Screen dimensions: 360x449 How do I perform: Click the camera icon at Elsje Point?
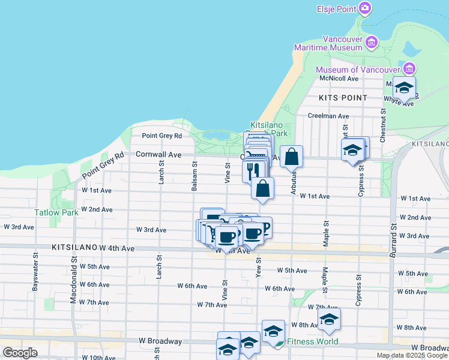pos(365,8)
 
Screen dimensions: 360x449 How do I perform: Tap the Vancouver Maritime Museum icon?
pos(372,42)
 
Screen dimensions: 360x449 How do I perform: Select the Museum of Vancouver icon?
pos(410,69)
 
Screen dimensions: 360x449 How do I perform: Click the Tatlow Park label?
pos(56,212)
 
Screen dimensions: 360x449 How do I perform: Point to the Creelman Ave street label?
pos(328,116)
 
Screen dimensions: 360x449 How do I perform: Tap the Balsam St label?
pos(194,175)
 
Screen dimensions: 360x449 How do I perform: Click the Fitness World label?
pos(312,342)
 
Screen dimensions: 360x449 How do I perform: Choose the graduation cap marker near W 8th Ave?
pos(329,319)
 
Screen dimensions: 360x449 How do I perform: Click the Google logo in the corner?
pos(20,352)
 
